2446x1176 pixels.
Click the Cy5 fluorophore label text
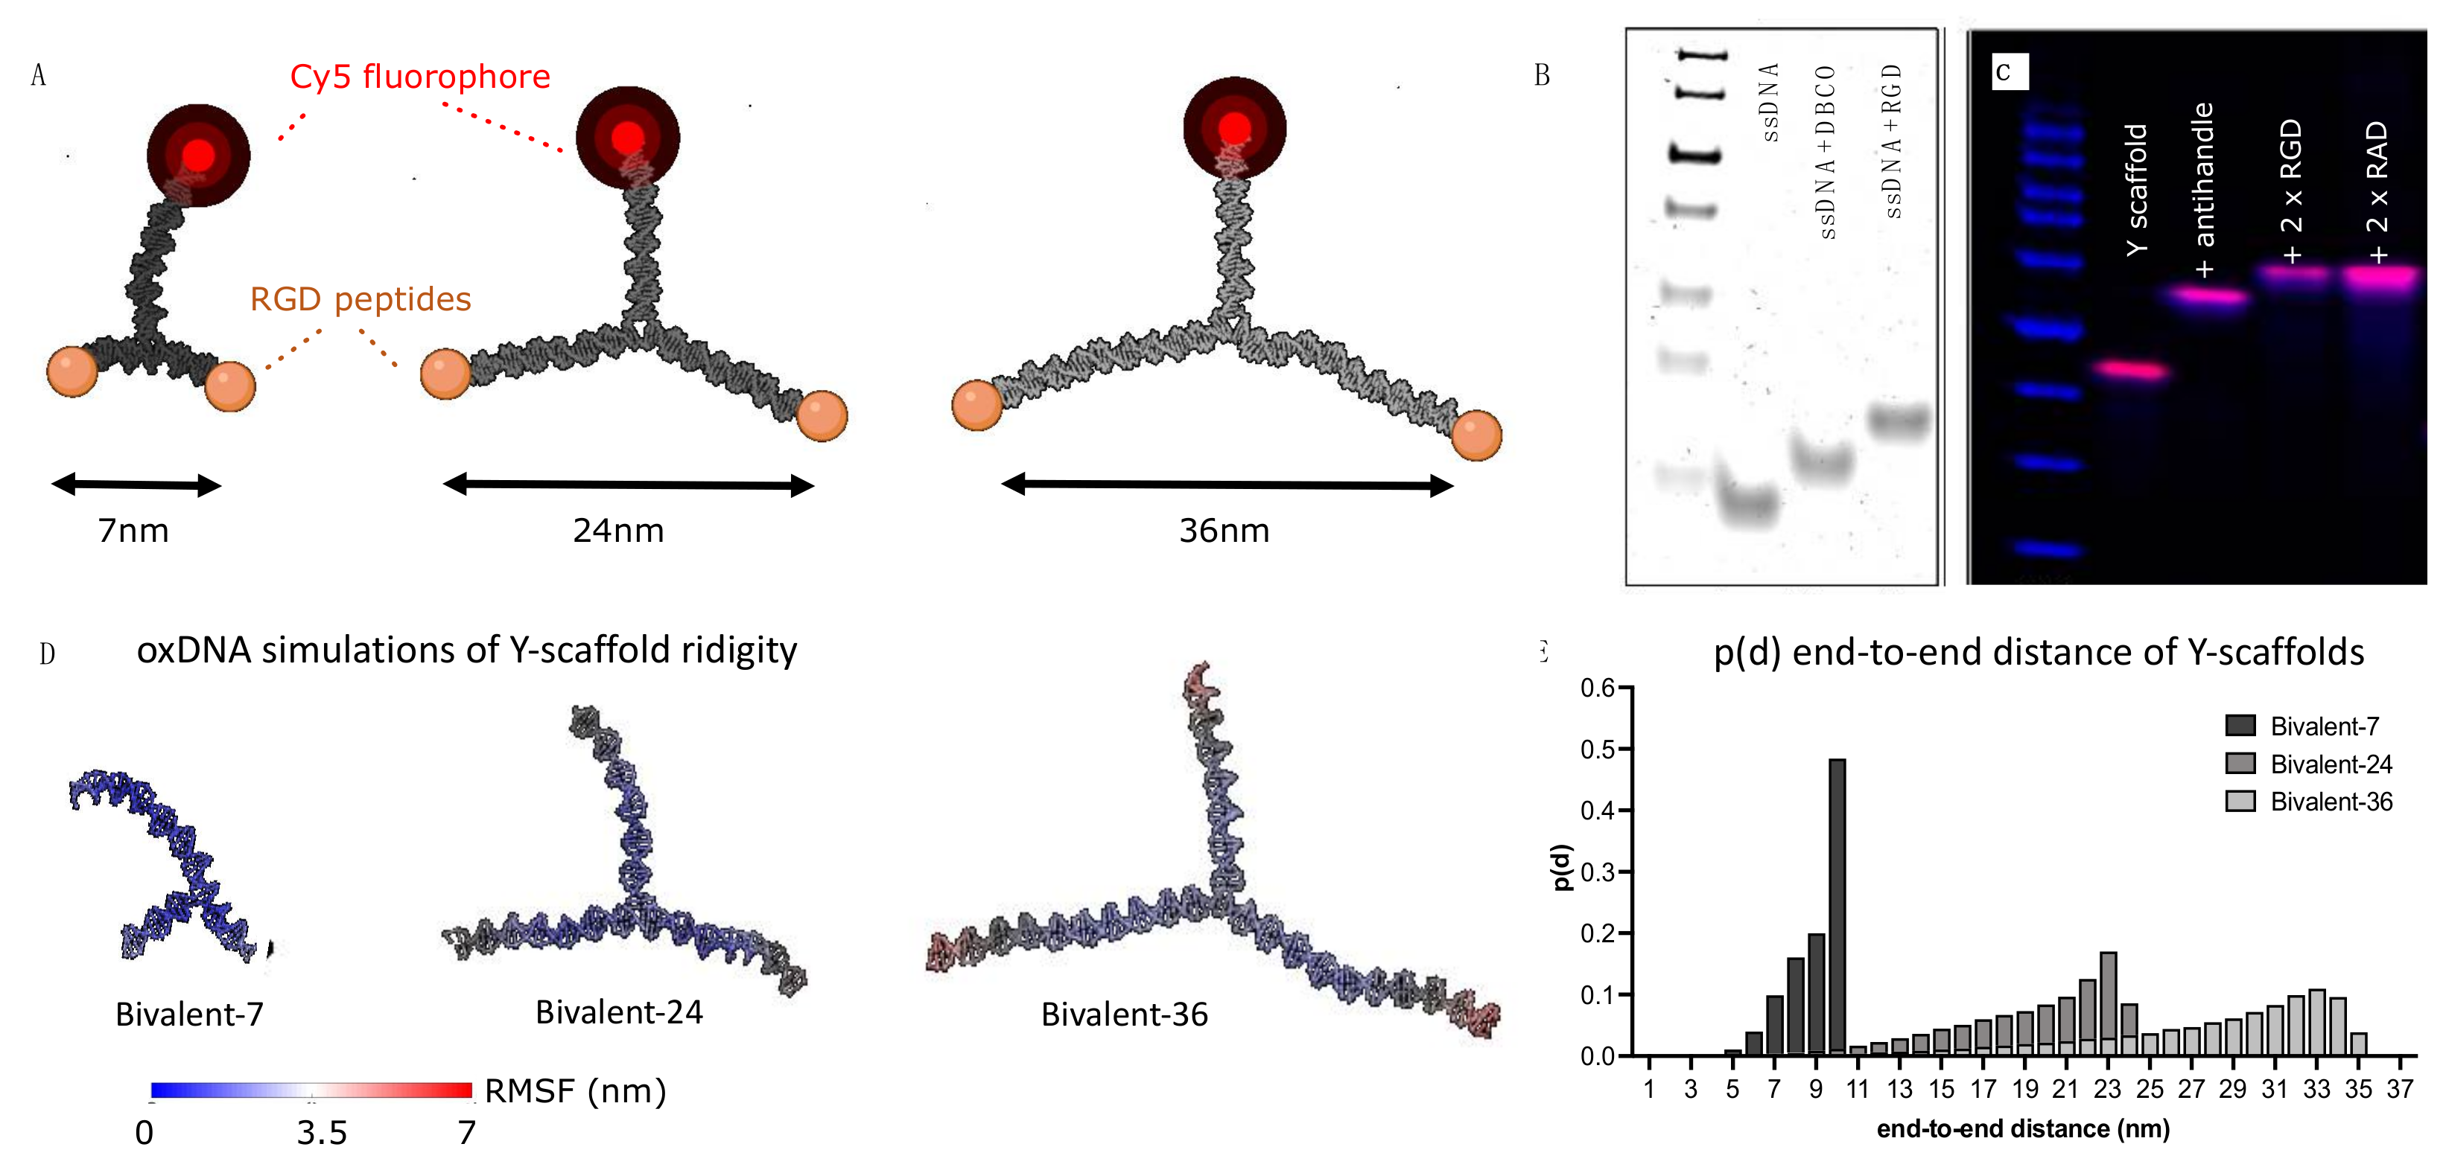419,77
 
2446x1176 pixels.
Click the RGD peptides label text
360,300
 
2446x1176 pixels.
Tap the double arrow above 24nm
628,485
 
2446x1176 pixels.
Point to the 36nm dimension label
1223,531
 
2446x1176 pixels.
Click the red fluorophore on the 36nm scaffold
1233,128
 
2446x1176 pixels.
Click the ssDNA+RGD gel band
1899,421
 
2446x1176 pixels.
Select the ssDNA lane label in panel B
1770,103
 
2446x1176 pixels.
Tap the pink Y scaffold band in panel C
2132,370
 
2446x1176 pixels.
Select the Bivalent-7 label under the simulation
189,1014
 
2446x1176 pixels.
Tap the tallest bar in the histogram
1837,907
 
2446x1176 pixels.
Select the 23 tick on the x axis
2107,1090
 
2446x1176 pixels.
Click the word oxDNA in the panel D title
194,651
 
